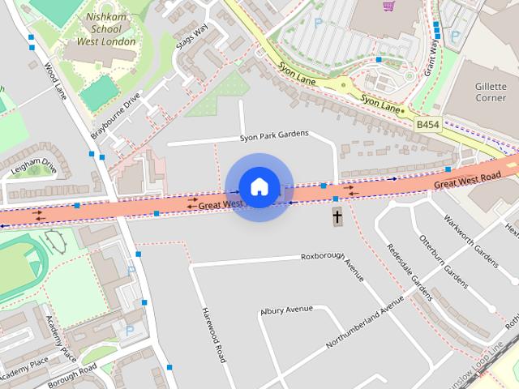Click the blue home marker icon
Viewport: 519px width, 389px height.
click(259, 187)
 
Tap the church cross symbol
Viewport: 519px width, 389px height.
click(337, 216)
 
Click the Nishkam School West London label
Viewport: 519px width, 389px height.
click(106, 29)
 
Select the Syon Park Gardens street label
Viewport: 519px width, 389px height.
click(274, 136)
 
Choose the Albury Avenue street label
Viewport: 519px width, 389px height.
click(286, 310)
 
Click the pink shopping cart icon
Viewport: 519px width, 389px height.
click(388, 5)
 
